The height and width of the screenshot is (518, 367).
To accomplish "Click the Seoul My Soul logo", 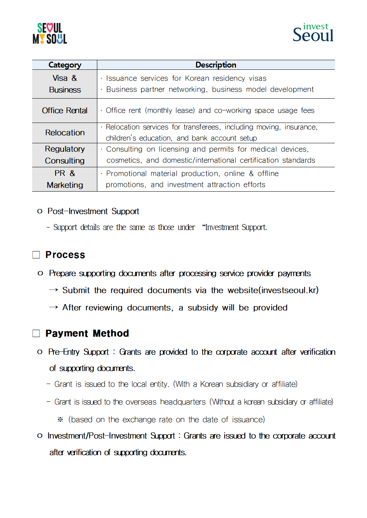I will [x=50, y=34].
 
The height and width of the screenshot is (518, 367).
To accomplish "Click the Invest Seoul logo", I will [x=313, y=33].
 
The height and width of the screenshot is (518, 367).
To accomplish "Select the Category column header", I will [x=65, y=65].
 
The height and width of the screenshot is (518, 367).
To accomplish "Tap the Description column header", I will [x=216, y=65].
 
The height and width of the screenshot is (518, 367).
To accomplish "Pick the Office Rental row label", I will [x=65, y=110].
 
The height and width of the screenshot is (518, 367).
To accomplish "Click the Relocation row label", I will [x=65, y=133].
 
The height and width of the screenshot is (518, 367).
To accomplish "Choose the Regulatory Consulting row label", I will [x=65, y=155].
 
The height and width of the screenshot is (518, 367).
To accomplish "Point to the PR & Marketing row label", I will [x=65, y=179].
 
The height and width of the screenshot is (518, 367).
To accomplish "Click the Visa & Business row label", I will [x=65, y=84].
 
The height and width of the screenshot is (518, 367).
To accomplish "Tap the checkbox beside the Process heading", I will [x=36, y=255].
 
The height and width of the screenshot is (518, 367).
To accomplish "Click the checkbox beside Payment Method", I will [x=36, y=333].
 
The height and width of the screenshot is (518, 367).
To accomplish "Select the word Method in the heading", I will [x=111, y=333].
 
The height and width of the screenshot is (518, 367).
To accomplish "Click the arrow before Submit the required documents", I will [x=54, y=290].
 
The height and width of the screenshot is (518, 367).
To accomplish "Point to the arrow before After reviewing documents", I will [x=54, y=307].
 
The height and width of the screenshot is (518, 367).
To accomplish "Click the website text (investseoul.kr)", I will [x=273, y=290].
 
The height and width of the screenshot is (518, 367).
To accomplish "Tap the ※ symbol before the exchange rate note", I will [x=60, y=419].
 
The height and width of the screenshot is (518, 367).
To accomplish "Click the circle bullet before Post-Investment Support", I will [x=40, y=211].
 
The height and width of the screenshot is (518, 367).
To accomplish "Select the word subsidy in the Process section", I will [x=203, y=308].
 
